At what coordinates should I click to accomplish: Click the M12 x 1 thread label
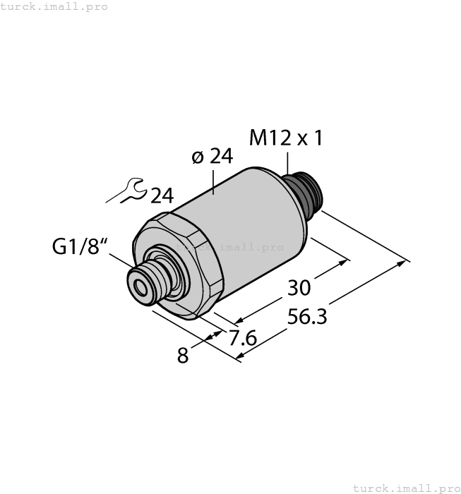pos(286,138)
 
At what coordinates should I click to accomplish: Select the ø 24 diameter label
pos(212,157)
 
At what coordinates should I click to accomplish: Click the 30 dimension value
pos(299,288)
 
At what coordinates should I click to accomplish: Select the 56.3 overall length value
pos(308,318)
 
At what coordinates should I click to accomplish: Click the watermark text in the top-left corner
pos(54,6)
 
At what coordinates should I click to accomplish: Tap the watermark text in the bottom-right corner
pos(405,488)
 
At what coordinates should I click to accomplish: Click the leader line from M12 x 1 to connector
pos(287,161)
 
